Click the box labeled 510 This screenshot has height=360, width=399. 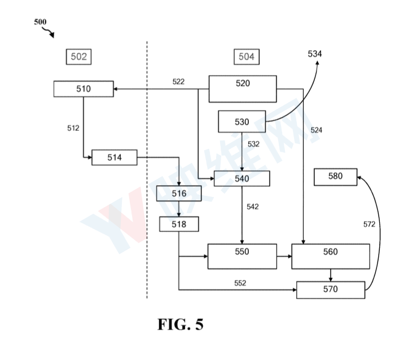(84, 89)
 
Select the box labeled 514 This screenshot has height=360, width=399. (115, 157)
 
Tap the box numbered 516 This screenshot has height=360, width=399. (178, 194)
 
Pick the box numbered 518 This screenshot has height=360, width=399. (178, 224)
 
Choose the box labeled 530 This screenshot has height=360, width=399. (242, 122)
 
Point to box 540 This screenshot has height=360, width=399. (242, 178)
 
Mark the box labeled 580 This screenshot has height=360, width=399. (335, 176)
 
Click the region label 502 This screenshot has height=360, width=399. (79, 56)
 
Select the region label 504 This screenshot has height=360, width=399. (246, 56)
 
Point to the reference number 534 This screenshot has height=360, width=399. (315, 53)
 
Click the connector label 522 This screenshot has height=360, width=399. (178, 82)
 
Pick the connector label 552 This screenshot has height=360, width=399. (240, 283)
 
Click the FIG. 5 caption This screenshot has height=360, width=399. (180, 325)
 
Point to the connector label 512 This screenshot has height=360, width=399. (73, 128)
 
